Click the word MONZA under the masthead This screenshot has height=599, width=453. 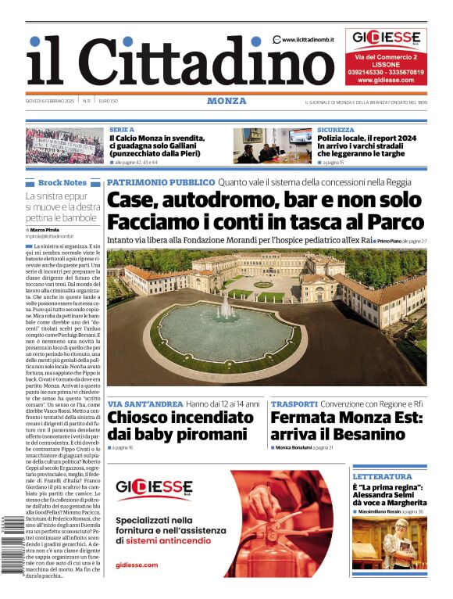click(226, 101)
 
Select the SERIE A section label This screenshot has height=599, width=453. click(122, 130)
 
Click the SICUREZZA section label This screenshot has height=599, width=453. click(336, 130)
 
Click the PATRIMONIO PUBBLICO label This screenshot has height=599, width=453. click(160, 181)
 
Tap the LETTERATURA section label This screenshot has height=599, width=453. click(382, 476)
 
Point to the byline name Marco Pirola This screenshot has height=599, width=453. click(48, 230)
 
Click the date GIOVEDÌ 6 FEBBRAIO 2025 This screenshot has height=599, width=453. click(50, 101)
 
